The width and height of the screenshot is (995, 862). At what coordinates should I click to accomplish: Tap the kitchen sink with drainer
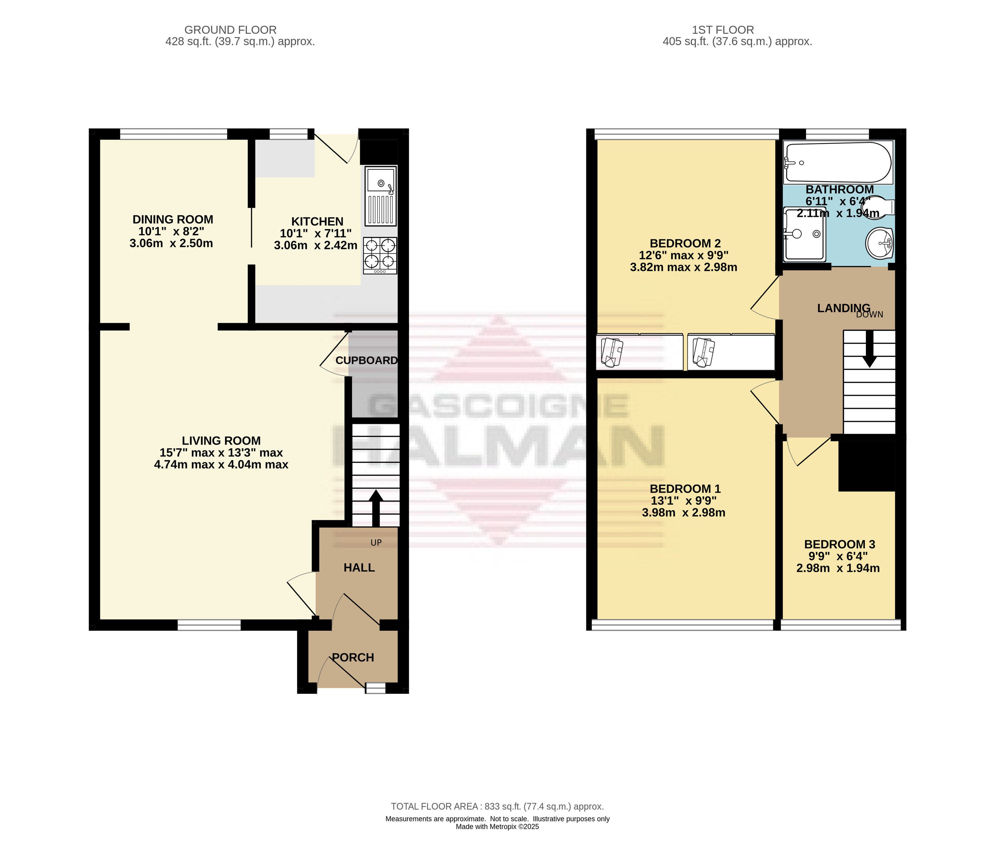381,196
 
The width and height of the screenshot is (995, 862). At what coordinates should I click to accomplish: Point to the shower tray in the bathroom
804,234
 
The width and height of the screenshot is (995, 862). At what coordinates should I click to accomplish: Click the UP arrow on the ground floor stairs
376,509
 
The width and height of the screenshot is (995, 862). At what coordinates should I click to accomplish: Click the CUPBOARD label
366,360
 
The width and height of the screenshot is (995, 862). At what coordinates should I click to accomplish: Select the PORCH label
353,658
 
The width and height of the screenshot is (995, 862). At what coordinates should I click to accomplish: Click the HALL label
359,568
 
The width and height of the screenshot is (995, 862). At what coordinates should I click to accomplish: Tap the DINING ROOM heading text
173,219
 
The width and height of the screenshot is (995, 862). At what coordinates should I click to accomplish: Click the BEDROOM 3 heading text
840,544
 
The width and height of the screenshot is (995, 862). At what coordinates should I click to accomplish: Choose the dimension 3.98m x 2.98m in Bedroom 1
683,513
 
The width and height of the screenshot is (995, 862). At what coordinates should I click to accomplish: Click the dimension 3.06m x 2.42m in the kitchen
315,245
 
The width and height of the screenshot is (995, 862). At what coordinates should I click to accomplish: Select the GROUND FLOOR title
230,30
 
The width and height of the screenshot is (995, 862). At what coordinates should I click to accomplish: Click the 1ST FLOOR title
723,30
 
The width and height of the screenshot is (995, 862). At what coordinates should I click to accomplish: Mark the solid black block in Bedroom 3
867,466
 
